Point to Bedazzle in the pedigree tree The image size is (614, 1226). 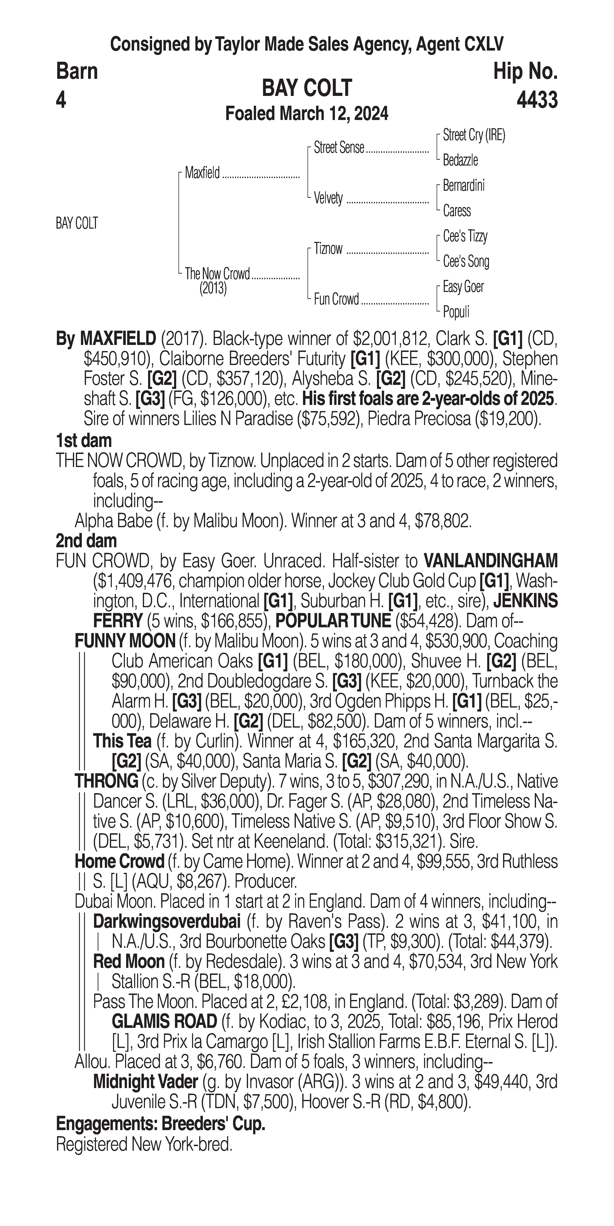coord(460,160)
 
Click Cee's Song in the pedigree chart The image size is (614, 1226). coord(466,261)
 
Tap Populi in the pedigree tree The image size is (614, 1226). coord(456,312)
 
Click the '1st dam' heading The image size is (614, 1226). coord(84,441)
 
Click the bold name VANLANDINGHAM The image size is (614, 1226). coord(490,561)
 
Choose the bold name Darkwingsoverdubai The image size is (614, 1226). coord(167,922)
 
